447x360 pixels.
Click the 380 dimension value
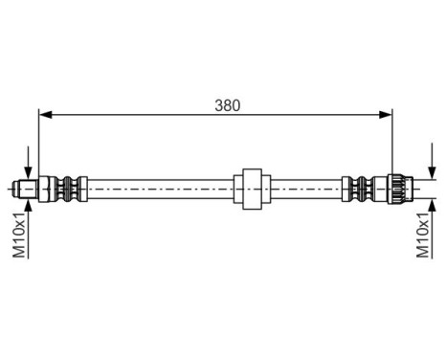(x=227, y=104)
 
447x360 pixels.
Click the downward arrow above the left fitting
(x=30, y=169)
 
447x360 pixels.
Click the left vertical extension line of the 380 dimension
(x=38, y=144)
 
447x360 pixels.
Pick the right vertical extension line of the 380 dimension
(x=393, y=144)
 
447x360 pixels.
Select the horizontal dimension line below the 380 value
(x=144, y=115)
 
